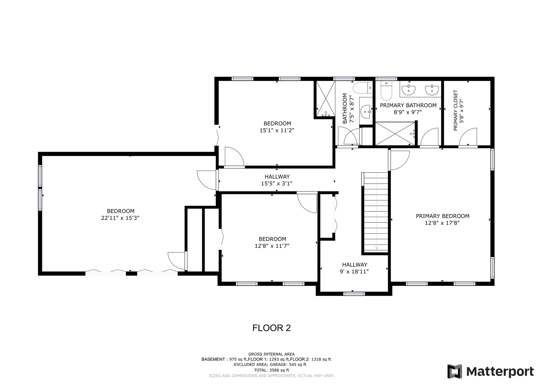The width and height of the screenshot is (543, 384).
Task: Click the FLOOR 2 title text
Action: (x=271, y=328)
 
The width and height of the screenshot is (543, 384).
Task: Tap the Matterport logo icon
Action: (x=454, y=371)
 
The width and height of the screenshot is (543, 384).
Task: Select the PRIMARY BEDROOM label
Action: (x=442, y=216)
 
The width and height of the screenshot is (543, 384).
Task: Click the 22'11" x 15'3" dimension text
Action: (x=120, y=218)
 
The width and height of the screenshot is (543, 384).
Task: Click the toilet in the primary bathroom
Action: (x=386, y=91)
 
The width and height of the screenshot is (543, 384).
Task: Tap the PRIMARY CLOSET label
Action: (x=455, y=110)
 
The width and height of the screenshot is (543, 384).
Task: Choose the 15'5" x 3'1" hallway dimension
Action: (x=277, y=183)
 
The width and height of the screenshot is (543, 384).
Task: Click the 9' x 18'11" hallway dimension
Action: (x=354, y=272)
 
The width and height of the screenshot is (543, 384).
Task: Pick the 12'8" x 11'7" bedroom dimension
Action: (x=272, y=246)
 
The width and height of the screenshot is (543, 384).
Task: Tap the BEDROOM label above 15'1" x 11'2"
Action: (x=277, y=124)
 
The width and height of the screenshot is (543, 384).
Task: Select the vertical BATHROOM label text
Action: (x=345, y=108)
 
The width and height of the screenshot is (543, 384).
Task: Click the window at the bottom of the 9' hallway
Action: (x=354, y=294)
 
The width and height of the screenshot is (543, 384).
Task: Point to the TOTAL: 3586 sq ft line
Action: (x=271, y=370)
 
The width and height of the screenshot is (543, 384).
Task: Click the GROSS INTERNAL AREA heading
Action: (x=271, y=354)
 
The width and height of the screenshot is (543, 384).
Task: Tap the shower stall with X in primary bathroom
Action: (x=395, y=134)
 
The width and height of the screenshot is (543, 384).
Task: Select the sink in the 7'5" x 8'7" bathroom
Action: (x=367, y=112)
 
